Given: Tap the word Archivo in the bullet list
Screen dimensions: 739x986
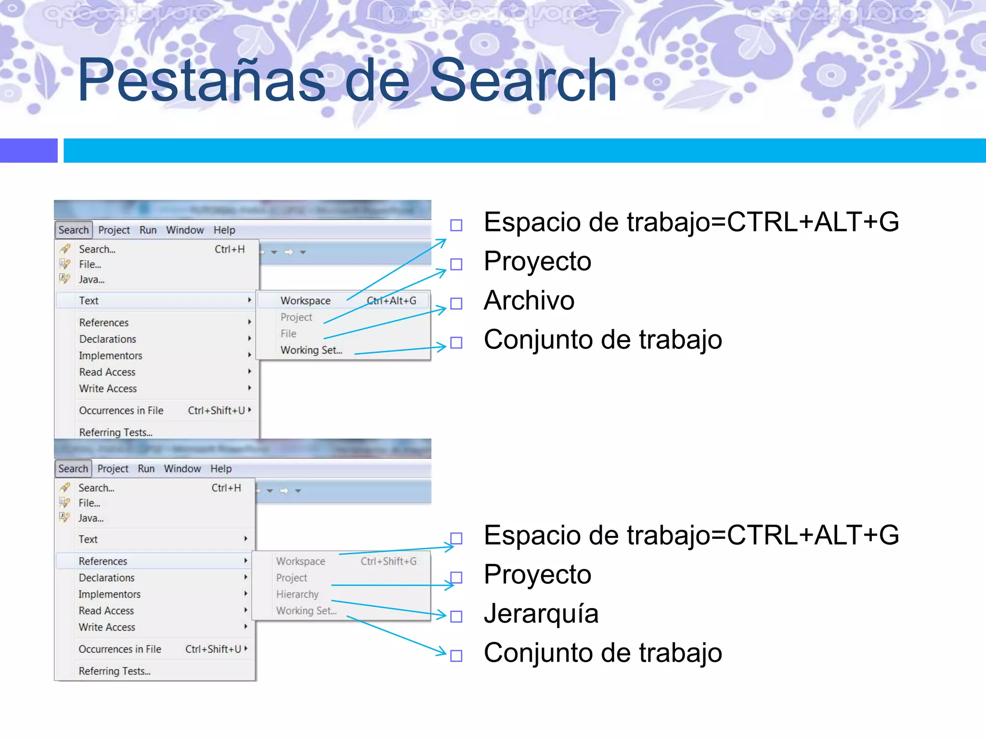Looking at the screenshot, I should tap(529, 301).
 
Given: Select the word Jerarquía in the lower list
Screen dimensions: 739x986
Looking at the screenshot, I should tap(541, 614).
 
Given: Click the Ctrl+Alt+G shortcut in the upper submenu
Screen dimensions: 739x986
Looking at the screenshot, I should tap(391, 301).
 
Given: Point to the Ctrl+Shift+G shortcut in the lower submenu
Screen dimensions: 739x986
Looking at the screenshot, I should tap(389, 561).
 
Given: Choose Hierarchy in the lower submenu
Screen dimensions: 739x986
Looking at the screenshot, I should tap(297, 595).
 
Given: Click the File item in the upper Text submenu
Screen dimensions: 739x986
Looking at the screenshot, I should tap(288, 334).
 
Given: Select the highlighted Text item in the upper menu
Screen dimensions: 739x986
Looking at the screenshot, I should tap(89, 301).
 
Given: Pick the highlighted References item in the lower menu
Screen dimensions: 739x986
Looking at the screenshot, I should tap(103, 561).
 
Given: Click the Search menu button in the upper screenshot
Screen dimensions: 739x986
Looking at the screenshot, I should tap(74, 230).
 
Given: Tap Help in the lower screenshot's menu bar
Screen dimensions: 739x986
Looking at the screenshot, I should tap(221, 469).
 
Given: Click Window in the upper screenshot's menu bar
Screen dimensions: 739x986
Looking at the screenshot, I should tap(185, 230).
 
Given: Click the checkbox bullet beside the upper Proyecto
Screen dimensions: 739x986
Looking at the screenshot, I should tap(456, 264).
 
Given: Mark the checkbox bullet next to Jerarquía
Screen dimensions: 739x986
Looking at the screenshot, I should tap(456, 616).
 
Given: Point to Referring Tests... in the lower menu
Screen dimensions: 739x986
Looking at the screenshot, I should tap(115, 671).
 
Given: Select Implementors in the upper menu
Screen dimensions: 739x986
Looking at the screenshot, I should tap(111, 356).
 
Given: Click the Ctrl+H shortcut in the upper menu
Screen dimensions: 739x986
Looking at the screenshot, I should tap(230, 249).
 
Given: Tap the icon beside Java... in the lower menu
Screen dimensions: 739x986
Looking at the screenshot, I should tap(65, 518).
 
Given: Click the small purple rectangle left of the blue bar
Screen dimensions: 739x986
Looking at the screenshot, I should tap(28, 151).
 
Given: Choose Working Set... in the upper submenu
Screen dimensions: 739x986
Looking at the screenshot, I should tap(311, 350).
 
